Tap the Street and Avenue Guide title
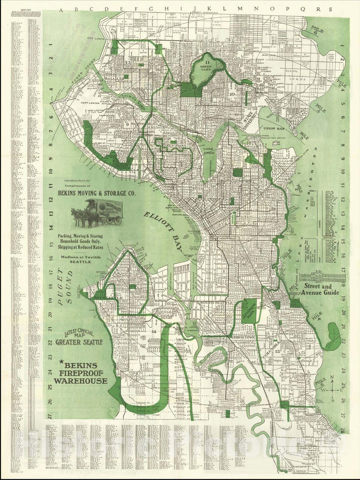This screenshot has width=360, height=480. (320, 289)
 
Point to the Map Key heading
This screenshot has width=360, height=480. (19, 16)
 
